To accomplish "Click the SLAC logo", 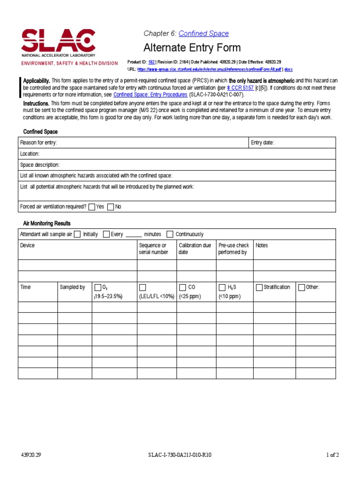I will coord(58,43).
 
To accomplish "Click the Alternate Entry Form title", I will coord(192,48).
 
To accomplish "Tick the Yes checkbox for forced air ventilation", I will coord(92,206).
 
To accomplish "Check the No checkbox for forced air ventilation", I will coord(111,206).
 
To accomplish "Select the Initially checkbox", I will coord(77,234).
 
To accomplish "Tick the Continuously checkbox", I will coord(170,234).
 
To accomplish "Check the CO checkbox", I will coord(182,287).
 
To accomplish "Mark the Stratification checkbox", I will coord(259,287).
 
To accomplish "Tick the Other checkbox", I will coord(301,287).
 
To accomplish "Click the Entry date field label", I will coord(262,142).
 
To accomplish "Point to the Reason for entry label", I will coord(38,142).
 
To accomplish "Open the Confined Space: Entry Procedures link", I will coord(150,94).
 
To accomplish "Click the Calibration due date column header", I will coord(195,248).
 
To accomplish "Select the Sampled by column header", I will coord(72,287).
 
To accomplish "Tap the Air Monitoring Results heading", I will coord(47,223).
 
